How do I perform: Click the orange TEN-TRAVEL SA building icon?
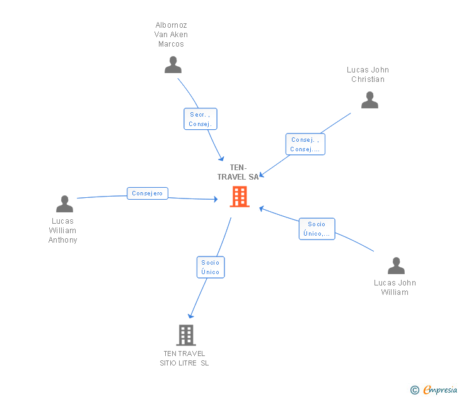(x=239, y=197)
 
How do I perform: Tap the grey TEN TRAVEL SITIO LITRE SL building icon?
(x=185, y=335)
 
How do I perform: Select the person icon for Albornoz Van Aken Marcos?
(x=173, y=65)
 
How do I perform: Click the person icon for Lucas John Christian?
(x=369, y=100)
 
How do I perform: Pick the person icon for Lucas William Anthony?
(x=64, y=204)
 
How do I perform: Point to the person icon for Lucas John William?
(x=396, y=266)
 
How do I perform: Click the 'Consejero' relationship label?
(x=147, y=193)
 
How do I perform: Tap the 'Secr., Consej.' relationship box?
(x=200, y=119)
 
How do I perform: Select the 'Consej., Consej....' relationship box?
(x=305, y=144)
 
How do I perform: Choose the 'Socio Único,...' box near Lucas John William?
(x=317, y=229)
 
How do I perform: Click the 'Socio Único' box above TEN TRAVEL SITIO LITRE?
(x=211, y=267)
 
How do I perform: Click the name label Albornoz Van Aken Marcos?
(x=171, y=35)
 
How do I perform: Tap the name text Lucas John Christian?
(x=368, y=74)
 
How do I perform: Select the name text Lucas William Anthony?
(x=63, y=231)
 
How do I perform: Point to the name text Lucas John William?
(x=395, y=287)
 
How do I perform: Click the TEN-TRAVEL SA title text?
(x=238, y=172)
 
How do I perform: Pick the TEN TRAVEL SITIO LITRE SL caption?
(x=184, y=358)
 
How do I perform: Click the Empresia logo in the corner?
(x=434, y=390)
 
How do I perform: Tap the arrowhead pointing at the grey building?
(x=190, y=316)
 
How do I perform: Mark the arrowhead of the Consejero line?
(x=215, y=199)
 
